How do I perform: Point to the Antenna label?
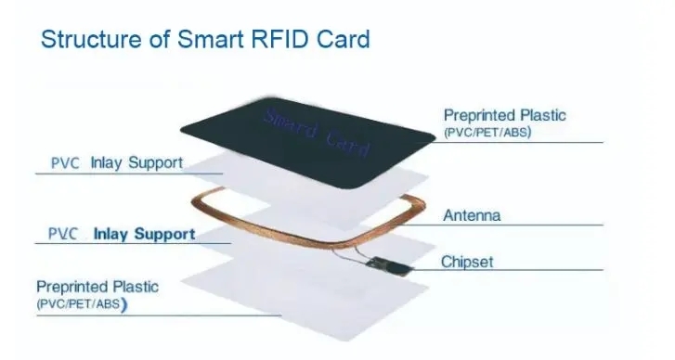(x=472, y=215)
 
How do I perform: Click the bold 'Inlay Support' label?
(x=144, y=234)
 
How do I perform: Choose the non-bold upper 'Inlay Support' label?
(x=136, y=164)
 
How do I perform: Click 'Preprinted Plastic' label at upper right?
(x=504, y=116)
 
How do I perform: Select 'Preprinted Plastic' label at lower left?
(x=97, y=287)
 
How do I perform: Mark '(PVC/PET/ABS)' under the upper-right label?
(x=489, y=133)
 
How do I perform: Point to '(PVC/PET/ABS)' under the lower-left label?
(x=82, y=303)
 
